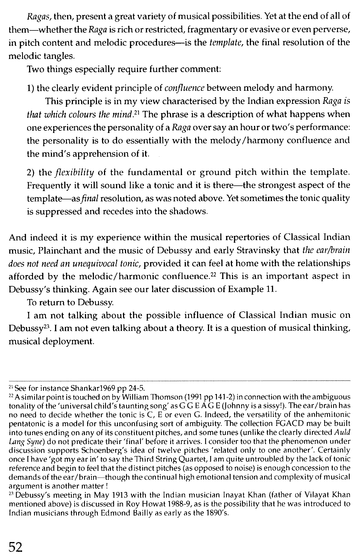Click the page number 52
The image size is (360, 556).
(15, 547)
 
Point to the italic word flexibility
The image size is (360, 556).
(74, 172)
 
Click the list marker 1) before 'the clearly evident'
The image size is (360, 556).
(30, 88)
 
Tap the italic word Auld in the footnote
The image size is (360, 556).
(342, 433)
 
